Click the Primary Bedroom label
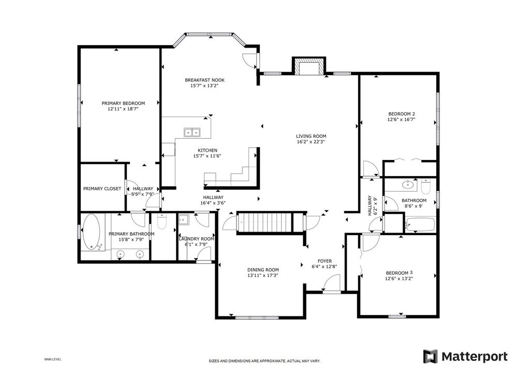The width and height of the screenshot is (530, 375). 123,104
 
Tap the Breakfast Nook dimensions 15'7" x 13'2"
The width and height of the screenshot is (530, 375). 204,86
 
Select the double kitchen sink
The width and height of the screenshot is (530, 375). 192,132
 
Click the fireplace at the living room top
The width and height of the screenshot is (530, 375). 308,67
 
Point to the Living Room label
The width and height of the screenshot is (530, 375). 311,136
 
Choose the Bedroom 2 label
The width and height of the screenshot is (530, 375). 401,114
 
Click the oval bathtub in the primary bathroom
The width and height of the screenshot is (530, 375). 91,233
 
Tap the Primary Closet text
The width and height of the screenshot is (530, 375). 102,189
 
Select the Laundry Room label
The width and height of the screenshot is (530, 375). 196,239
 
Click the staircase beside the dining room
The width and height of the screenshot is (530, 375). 263,223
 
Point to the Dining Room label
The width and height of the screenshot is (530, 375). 263,270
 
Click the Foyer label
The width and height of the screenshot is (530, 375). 325,261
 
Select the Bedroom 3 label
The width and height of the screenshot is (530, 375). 399,273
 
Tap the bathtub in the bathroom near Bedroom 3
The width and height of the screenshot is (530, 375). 420,225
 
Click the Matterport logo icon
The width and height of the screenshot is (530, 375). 431,356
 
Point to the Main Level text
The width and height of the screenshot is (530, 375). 53,359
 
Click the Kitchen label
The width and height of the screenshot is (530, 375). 208,151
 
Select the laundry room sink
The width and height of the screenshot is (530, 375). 184,220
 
